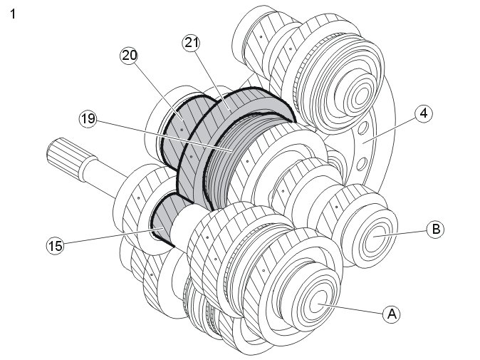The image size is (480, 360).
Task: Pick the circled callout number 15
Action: coord(55,246)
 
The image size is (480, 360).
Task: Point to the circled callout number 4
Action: coord(422,112)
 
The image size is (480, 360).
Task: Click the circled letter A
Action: coord(390,312)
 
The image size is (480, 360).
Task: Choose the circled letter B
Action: coord(434,229)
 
